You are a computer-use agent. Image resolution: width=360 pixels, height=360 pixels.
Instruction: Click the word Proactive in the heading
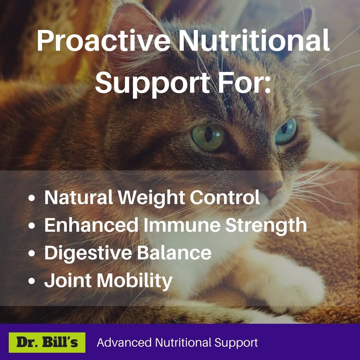click(x=103, y=41)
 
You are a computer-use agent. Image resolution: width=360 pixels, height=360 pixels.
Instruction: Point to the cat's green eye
click(x=208, y=137)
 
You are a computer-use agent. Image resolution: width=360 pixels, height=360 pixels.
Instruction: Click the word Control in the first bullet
click(x=225, y=197)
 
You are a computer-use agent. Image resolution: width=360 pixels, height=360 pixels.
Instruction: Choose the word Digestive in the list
click(x=88, y=253)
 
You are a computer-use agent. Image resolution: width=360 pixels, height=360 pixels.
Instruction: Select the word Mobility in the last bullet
click(x=135, y=281)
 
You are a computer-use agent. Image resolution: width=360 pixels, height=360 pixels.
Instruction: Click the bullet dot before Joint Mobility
click(x=32, y=281)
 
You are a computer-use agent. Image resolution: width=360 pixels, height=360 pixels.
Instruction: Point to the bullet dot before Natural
click(x=32, y=198)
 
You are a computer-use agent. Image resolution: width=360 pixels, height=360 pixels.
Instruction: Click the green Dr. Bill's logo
click(x=47, y=342)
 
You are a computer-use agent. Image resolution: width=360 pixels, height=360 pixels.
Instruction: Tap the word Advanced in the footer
click(x=124, y=343)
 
